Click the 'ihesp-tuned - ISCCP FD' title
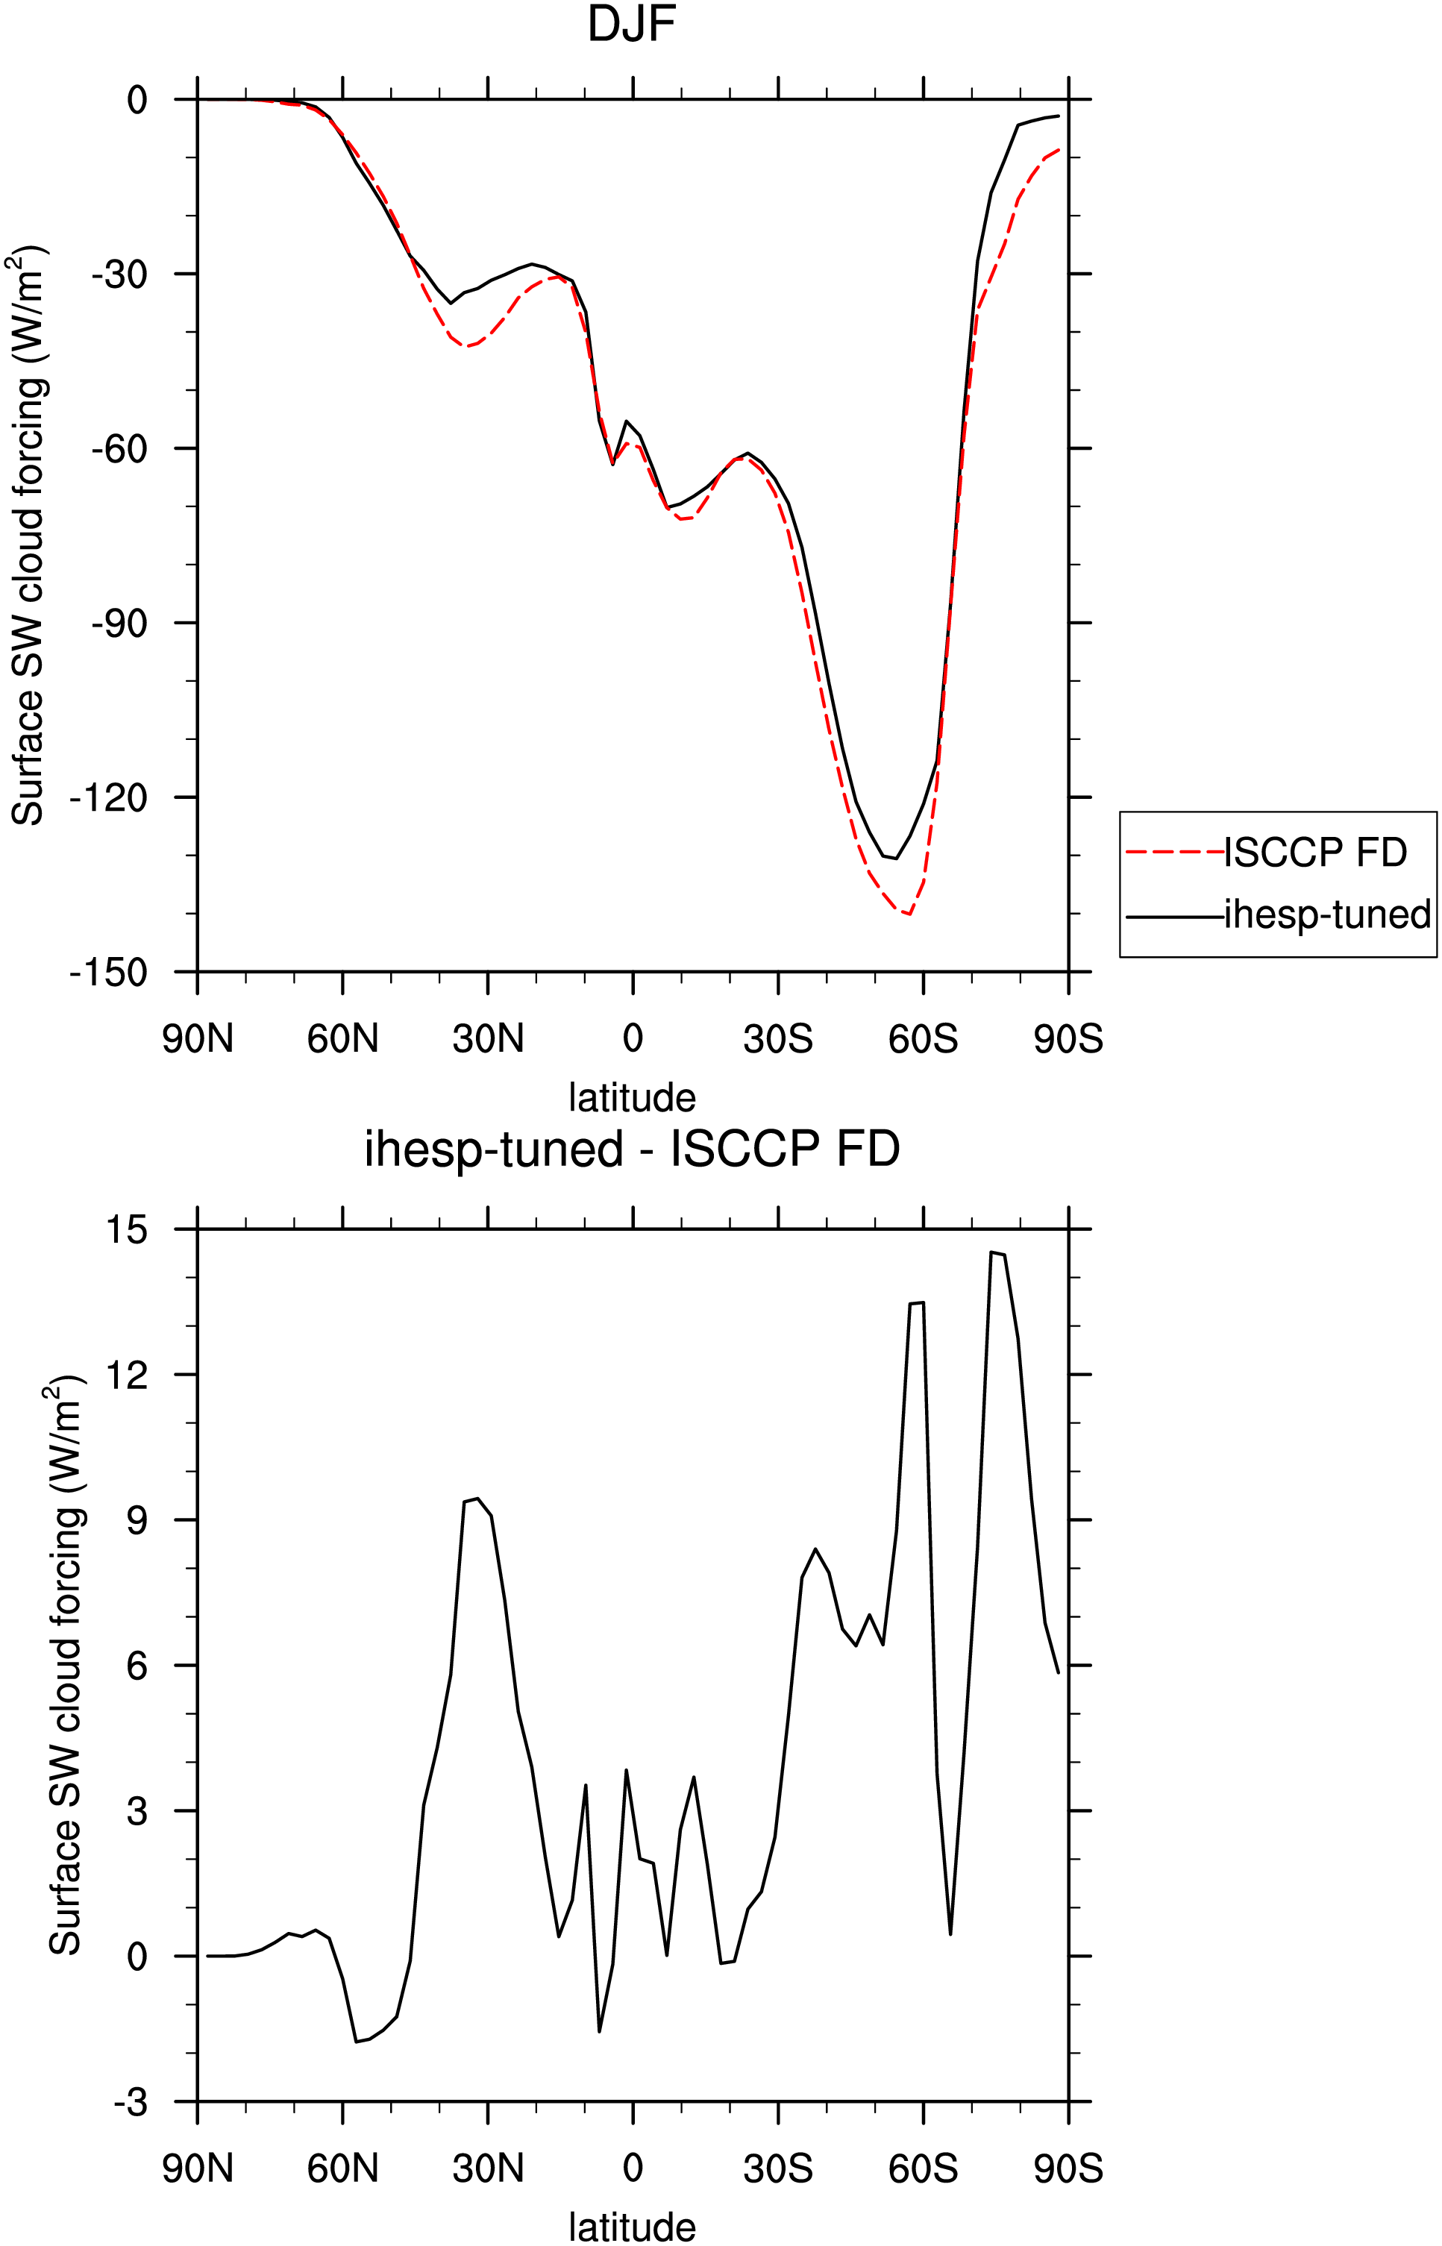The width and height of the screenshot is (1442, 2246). [632, 1149]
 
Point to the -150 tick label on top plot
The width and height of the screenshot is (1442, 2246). [109, 973]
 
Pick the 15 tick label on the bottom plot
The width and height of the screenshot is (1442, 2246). [128, 1229]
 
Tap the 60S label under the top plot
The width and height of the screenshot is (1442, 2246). [924, 1039]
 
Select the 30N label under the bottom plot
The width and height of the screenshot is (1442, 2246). [488, 2168]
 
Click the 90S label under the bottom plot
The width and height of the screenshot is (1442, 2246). [1068, 2168]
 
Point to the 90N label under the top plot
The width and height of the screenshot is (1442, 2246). [198, 1039]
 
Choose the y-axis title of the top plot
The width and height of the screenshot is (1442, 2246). [29, 536]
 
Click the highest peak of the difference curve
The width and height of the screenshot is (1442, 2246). [991, 1252]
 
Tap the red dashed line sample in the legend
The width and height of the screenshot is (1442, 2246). [1175, 852]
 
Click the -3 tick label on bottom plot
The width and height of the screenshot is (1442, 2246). [130, 2103]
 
